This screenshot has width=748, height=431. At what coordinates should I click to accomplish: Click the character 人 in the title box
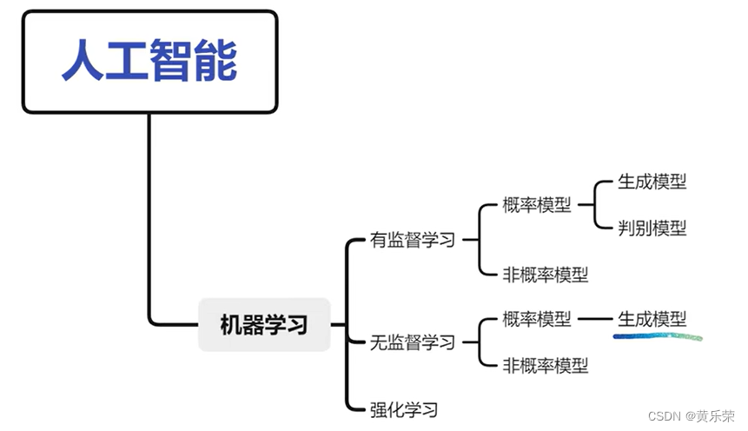83,61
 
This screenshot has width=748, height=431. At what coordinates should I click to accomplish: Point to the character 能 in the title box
215,61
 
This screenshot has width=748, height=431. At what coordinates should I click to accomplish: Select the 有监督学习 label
413,241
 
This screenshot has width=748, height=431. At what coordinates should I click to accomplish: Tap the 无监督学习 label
413,342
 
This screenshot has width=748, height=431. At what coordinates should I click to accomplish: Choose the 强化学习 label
404,408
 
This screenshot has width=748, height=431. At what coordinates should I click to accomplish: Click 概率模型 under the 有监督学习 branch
537,205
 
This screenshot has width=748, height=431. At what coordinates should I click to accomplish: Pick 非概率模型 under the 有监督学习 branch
546,275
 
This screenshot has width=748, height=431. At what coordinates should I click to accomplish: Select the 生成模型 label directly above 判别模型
652,182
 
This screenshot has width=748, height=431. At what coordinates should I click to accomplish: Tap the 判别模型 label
652,228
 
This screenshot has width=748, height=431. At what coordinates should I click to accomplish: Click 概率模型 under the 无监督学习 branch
537,319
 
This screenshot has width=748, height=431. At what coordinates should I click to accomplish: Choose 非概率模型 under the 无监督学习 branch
546,365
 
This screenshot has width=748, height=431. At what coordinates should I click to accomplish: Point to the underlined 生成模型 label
652,319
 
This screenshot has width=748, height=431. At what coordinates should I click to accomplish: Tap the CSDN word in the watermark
664,416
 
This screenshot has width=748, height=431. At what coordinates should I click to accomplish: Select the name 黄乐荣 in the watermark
716,416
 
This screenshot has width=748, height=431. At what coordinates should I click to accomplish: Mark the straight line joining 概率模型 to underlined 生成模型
595,319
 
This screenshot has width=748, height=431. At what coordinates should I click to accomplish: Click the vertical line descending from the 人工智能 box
149,217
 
